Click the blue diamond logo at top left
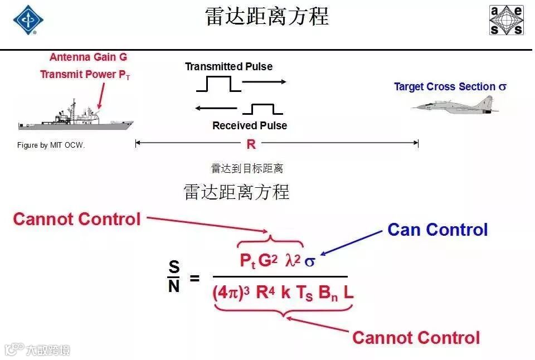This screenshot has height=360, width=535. pos(28,20)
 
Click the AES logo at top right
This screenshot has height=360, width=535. pos(506,21)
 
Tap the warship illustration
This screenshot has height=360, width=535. pos(75,118)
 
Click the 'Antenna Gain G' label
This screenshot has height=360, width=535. pos(88,57)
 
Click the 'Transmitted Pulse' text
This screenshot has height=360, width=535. pos(228,67)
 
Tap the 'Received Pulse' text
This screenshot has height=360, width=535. pos(250,126)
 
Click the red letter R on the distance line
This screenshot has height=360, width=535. pos(251,144)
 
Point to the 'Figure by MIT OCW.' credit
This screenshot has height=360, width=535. pos(51,145)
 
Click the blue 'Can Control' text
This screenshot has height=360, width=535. pos(437,230)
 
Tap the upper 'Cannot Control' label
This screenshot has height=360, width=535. pos(77,219)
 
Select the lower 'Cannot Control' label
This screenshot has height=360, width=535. pos(416,337)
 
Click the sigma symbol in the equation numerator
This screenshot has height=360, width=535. pos(309,261)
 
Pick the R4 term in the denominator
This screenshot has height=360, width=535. pos(265,293)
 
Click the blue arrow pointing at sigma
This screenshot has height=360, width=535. pos(352,244)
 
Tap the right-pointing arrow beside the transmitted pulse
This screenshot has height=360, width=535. pos(264,82)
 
